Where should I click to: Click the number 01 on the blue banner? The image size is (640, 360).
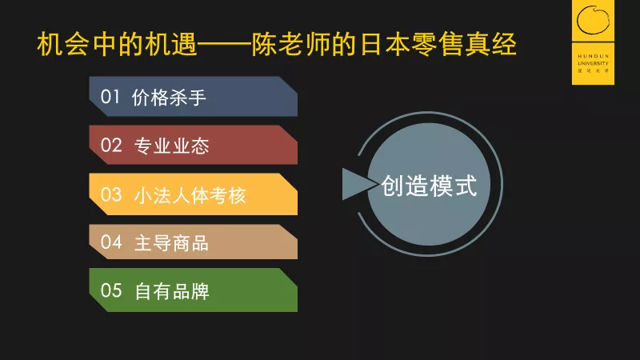(x=110, y=97)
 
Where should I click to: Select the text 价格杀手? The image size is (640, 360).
(x=169, y=98)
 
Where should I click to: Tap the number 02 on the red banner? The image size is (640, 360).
(x=111, y=146)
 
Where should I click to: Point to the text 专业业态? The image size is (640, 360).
(x=171, y=146)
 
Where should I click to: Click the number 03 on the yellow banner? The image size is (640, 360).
(x=111, y=194)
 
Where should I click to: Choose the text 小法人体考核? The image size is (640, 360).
(x=190, y=195)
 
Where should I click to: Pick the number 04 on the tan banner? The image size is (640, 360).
(x=111, y=242)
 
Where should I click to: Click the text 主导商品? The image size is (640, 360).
(x=171, y=243)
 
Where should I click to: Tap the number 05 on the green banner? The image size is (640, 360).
(x=111, y=290)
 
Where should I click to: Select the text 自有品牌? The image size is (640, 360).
(x=172, y=291)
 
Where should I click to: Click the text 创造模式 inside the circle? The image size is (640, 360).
(x=429, y=186)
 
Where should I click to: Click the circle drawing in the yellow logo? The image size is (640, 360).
(x=593, y=19)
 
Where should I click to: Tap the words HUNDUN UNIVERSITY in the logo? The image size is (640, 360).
(x=593, y=59)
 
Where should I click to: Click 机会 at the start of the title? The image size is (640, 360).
(x=63, y=44)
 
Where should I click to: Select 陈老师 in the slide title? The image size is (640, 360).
(x=291, y=44)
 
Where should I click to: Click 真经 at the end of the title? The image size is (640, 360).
(x=491, y=44)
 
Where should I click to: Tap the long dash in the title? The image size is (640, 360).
(x=224, y=45)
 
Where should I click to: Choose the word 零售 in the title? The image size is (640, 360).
(x=438, y=44)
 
